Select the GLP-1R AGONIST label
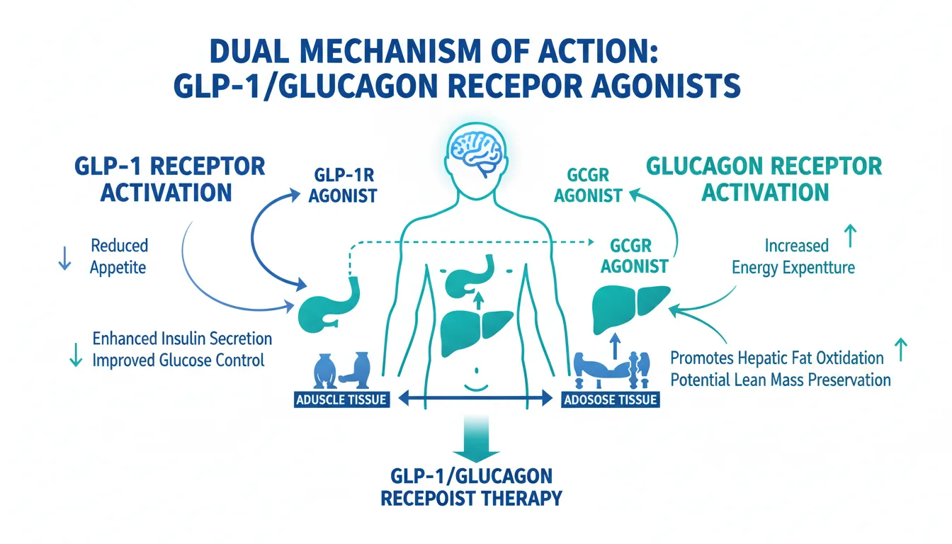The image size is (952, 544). (x=343, y=186)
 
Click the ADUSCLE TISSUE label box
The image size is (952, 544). (x=341, y=399)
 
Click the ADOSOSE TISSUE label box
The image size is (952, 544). (x=611, y=399)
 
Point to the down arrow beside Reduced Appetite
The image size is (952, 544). (x=64, y=258)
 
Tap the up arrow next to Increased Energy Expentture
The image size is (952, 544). (x=850, y=235)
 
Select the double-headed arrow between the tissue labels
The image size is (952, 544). (x=475, y=399)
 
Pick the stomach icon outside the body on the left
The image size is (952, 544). (x=329, y=303)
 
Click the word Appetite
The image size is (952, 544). (x=118, y=267)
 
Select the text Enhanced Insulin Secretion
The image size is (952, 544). (x=182, y=339)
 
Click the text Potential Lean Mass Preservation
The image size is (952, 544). (x=781, y=380)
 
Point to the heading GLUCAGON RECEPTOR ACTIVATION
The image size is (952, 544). (x=764, y=179)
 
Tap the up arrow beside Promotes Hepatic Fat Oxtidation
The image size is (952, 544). (x=901, y=349)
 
